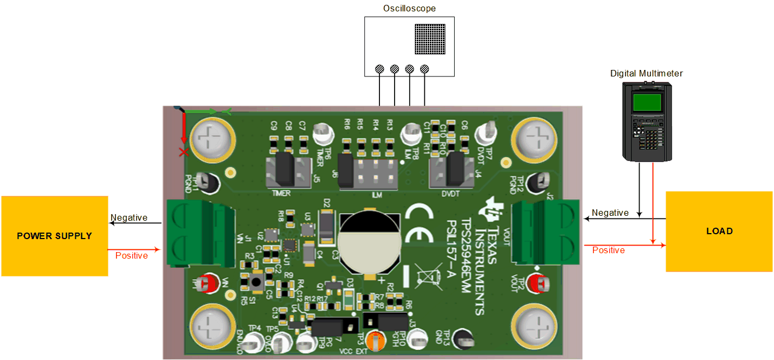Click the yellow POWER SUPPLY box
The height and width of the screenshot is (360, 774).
coord(54,236)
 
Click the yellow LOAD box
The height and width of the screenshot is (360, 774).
coord(719,232)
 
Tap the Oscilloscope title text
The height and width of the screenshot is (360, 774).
coord(409,9)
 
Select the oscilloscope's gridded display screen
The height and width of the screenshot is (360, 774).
coord(431,39)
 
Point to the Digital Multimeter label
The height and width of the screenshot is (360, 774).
coord(647,73)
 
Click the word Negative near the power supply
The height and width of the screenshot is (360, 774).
coord(129,218)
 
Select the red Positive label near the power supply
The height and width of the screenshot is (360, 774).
coord(132,255)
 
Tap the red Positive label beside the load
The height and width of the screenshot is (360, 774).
coord(608,250)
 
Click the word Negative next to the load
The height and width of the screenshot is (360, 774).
coord(610,213)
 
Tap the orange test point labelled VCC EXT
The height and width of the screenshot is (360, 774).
coord(374,340)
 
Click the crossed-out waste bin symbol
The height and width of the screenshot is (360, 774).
coord(428,275)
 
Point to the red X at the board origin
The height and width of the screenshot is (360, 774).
coord(184,152)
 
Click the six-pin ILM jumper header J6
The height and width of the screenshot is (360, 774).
coord(367,171)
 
